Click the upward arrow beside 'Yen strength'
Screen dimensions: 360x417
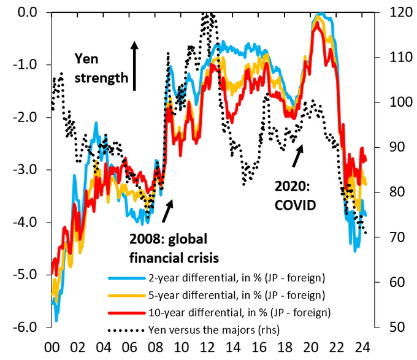tap(135, 66)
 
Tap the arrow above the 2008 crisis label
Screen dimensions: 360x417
tap(167, 210)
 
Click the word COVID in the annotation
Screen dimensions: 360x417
tap(295, 205)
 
